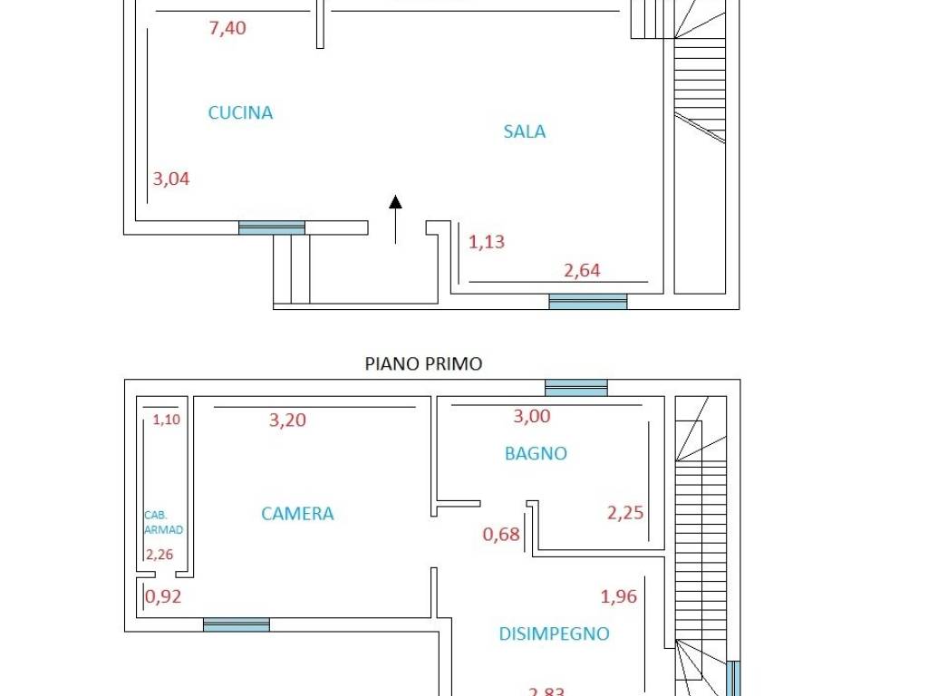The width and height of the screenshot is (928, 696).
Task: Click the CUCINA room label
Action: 240,113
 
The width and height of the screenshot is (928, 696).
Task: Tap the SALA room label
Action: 525,131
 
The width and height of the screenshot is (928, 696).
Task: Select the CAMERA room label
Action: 297,514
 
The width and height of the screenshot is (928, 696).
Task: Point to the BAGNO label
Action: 536,453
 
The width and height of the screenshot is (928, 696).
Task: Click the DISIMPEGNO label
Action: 554,634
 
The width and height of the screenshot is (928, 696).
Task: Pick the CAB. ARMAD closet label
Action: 163,522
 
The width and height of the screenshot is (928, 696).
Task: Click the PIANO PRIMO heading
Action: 423,364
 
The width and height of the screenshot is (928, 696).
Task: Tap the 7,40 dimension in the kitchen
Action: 227,28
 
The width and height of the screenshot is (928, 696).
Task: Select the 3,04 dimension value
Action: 171,179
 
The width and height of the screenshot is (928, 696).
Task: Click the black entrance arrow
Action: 395,217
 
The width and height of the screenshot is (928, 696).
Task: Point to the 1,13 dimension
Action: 487,242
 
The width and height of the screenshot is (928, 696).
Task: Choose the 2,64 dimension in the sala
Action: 582,270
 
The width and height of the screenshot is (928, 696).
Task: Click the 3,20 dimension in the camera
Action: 287,420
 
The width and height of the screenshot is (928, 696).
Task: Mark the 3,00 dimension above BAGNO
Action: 532,417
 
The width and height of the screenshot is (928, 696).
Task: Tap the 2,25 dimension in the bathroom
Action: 625,513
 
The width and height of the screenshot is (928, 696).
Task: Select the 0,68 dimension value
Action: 501,535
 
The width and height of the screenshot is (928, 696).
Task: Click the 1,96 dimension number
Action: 619,596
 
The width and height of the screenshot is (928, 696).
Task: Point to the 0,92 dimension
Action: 163,596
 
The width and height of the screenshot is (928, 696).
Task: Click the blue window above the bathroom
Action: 575,388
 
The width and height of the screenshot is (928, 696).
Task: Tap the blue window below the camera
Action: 236,624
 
